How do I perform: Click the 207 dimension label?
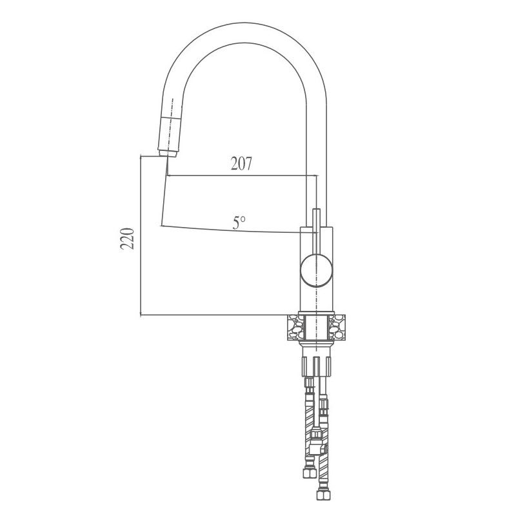pyautogui.click(x=241, y=164)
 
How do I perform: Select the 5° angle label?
pyautogui.click(x=239, y=223)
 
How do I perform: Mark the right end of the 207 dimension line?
pyautogui.click(x=316, y=175)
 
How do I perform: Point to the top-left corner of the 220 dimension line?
pyautogui.click(x=141, y=155)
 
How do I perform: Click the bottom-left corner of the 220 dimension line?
pyautogui.click(x=141, y=315)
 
